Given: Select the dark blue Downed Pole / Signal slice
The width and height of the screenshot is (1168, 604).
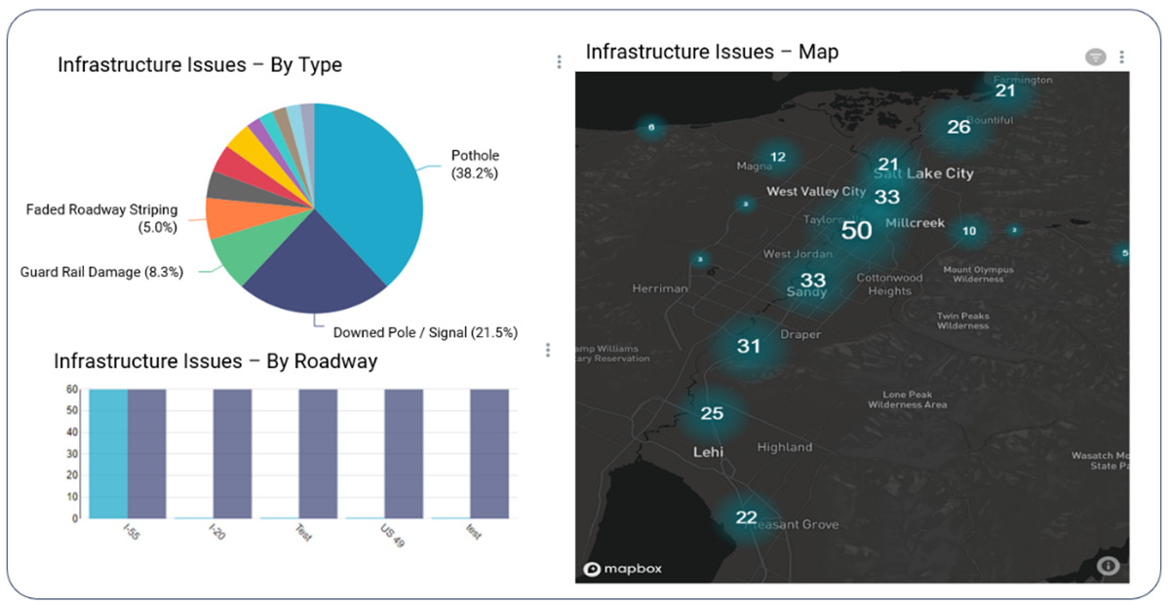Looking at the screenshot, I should click(x=312, y=268).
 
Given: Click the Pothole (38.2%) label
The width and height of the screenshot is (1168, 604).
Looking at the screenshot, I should click(x=475, y=165).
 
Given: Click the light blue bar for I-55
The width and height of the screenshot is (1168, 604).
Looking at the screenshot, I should click(x=108, y=453).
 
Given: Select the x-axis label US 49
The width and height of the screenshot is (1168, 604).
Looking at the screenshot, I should click(x=393, y=535).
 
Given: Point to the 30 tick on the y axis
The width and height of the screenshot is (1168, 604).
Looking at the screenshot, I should click(x=72, y=454).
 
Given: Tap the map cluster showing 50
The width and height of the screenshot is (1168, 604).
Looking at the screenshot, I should click(x=856, y=231).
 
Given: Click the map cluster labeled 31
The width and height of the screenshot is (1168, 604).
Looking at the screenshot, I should click(x=749, y=346).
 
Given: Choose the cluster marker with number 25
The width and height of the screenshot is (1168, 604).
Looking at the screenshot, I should click(x=713, y=413).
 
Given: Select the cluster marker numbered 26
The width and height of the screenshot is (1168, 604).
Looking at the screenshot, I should click(x=959, y=127).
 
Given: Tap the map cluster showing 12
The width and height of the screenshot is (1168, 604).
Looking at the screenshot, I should click(x=777, y=157).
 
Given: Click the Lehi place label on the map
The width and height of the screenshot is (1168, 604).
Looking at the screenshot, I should click(x=708, y=452).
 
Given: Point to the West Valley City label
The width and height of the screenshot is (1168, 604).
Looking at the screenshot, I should click(x=816, y=192).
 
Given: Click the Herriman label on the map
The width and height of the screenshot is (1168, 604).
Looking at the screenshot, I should click(x=660, y=288).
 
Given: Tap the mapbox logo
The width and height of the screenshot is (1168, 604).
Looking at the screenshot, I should click(x=622, y=568).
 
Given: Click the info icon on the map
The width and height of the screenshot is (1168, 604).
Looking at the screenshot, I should click(x=1108, y=565).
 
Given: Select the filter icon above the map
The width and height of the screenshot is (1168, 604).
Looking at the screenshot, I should click(x=1096, y=57).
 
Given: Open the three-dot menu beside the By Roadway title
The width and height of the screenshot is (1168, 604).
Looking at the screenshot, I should click(x=548, y=350).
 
